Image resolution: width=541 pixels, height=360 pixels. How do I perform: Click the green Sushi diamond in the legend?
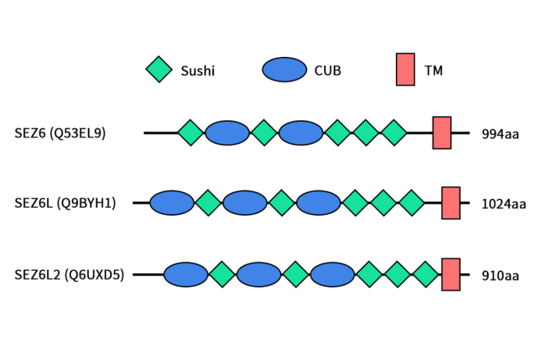click(x=159, y=70)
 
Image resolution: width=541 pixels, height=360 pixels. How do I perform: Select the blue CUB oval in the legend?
click(x=284, y=70)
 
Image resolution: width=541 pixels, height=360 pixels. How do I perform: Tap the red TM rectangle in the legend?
click(x=405, y=70)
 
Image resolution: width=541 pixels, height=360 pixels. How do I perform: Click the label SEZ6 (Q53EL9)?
click(x=60, y=133)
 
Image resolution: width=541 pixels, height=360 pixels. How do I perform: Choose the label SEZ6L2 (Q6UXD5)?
click(x=69, y=274)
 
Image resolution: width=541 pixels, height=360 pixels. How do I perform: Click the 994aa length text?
click(x=500, y=134)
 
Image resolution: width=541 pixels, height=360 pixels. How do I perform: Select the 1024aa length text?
click(x=504, y=204)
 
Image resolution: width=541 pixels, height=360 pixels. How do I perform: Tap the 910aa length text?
click(x=500, y=275)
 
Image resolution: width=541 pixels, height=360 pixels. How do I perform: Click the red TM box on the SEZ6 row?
click(x=442, y=133)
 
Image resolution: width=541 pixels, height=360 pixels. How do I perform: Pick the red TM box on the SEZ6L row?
click(x=450, y=203)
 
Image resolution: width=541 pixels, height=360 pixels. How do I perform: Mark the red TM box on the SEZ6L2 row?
click(x=450, y=274)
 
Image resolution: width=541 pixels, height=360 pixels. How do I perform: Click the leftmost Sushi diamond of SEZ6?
click(x=190, y=133)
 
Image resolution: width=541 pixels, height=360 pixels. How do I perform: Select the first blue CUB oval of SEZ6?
click(x=227, y=133)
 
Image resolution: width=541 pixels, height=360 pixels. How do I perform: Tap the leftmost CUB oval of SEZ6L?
click(x=172, y=203)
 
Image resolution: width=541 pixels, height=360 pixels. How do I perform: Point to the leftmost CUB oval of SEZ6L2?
click(x=186, y=274)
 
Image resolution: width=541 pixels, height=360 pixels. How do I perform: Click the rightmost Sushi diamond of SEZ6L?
click(x=411, y=203)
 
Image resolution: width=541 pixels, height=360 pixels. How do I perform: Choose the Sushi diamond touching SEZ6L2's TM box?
click(x=425, y=274)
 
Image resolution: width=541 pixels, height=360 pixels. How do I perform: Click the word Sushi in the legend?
click(x=198, y=70)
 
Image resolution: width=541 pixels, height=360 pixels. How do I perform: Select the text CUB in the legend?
click(x=328, y=70)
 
